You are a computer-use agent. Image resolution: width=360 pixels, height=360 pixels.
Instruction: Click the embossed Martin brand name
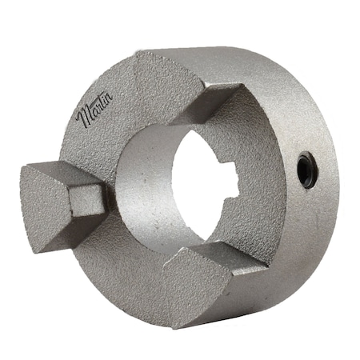94,112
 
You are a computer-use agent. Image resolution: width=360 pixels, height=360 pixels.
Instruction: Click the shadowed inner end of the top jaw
216,108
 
